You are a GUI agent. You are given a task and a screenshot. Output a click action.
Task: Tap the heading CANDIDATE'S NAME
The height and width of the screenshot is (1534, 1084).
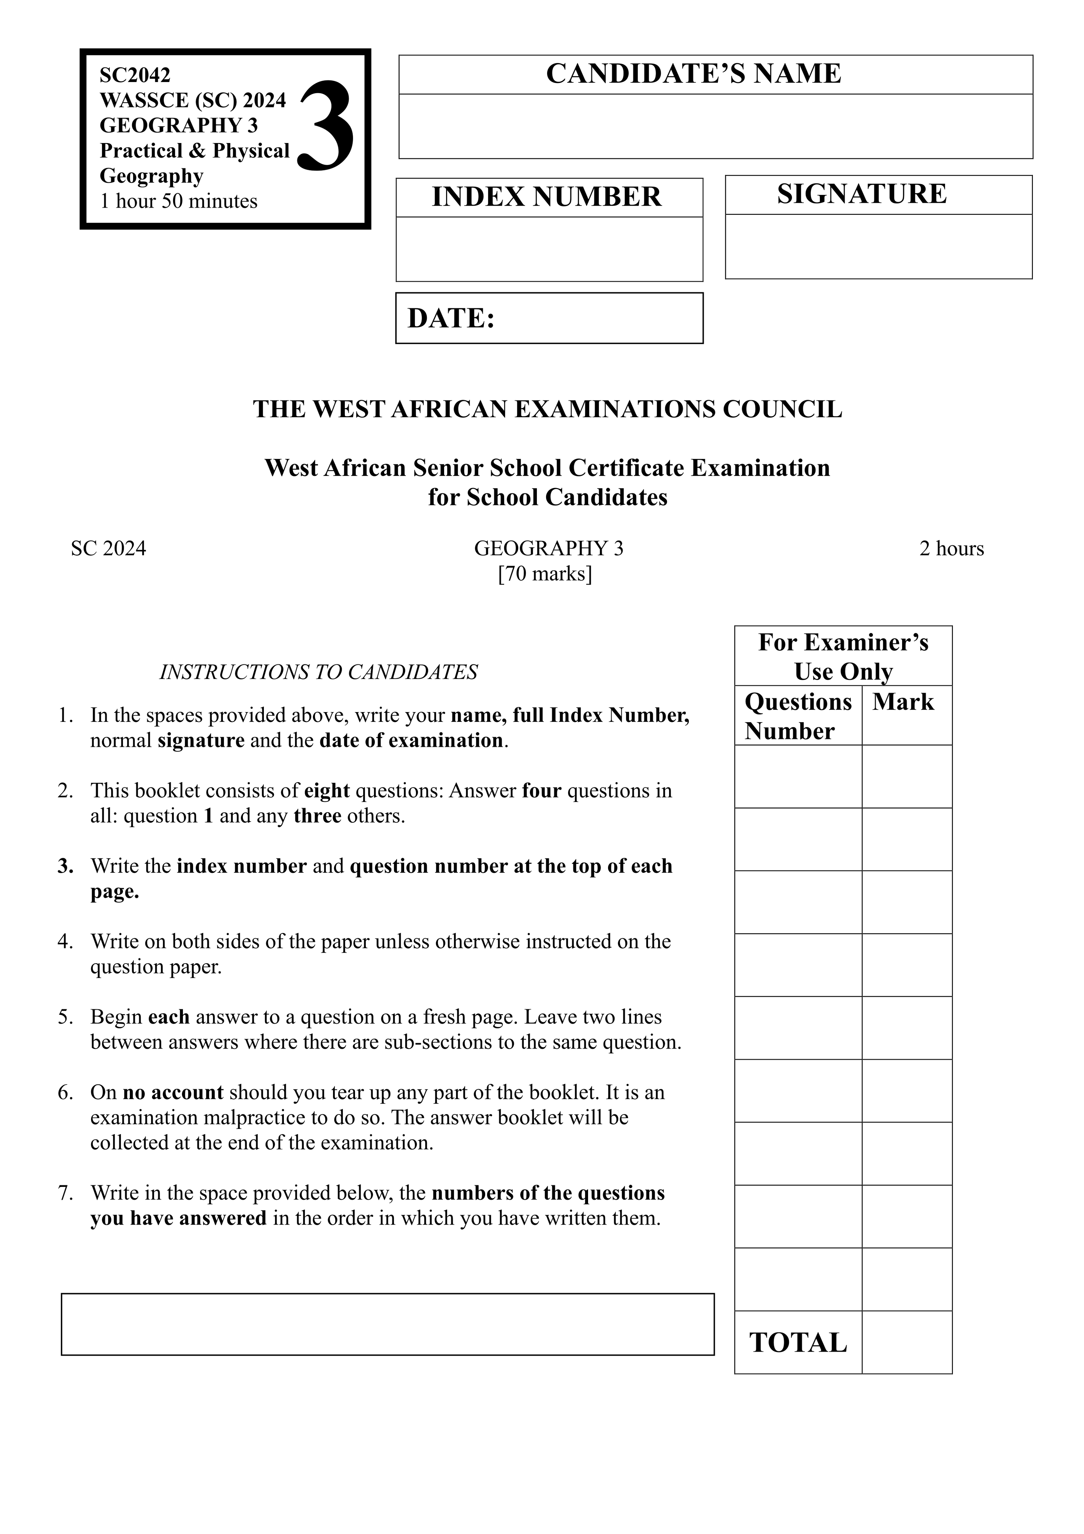pyautogui.click(x=693, y=74)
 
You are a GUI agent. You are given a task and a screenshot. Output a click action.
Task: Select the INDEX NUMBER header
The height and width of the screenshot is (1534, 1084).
pyautogui.click(x=546, y=197)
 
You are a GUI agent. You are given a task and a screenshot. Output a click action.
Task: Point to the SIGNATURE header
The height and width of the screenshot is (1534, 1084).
pyautogui.click(x=861, y=194)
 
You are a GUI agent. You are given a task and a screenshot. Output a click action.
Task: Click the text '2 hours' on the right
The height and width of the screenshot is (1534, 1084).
pyautogui.click(x=951, y=548)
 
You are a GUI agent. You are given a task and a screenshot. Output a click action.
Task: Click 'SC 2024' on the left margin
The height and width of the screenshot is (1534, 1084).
pyautogui.click(x=108, y=548)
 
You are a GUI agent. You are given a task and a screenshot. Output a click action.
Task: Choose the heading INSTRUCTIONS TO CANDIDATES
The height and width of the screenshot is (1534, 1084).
pyautogui.click(x=318, y=671)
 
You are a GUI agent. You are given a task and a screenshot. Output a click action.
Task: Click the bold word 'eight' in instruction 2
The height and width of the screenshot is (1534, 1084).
pyautogui.click(x=327, y=790)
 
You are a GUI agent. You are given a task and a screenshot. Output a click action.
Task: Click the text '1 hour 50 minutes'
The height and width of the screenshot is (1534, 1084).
pyautogui.click(x=178, y=201)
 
